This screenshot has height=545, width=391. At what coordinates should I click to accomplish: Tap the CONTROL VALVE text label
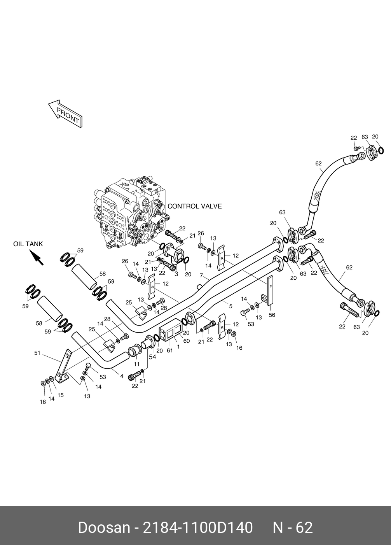pyautogui.click(x=194, y=206)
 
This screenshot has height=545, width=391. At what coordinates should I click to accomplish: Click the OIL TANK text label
pyautogui.click(x=28, y=244)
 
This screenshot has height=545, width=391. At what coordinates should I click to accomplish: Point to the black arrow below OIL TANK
pyautogui.click(x=37, y=258)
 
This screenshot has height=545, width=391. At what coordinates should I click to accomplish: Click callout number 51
pyautogui.click(x=37, y=353)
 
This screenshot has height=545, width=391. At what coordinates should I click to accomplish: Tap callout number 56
pyautogui.click(x=272, y=315)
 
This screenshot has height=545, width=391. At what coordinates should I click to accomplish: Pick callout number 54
pyautogui.click(x=152, y=357)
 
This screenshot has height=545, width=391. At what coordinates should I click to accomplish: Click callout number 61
pyautogui.click(x=169, y=350)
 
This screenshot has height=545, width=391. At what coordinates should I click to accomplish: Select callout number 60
pyautogui.click(x=186, y=341)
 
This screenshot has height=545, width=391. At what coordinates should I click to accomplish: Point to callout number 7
pyautogui.click(x=201, y=275)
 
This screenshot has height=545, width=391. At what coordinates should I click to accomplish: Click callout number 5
pyautogui.click(x=230, y=306)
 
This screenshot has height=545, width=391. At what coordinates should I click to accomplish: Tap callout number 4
pyautogui.click(x=121, y=376)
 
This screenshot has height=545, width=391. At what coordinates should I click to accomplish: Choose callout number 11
pyautogui.click(x=136, y=364)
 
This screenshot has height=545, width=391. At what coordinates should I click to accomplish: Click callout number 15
pyautogui.click(x=60, y=395)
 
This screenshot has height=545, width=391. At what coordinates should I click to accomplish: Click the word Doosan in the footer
pyautogui.click(x=104, y=528)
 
